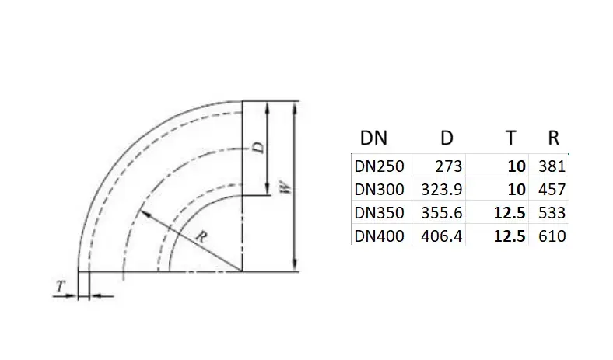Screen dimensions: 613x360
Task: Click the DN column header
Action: point(373,138)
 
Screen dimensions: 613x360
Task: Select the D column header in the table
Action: point(447,138)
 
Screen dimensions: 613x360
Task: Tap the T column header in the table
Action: point(510,138)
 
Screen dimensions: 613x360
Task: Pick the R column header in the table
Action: point(553,138)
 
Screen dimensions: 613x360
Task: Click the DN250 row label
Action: point(379,166)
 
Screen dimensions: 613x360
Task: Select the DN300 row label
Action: point(379,190)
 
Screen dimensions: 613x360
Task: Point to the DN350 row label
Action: point(379,213)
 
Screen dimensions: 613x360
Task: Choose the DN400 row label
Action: point(379,236)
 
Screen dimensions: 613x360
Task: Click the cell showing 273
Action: point(448,166)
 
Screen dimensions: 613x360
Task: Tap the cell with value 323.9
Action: point(441,190)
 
